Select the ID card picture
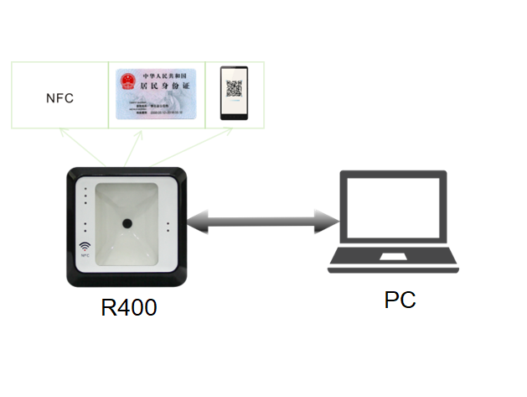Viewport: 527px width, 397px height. [x=156, y=95]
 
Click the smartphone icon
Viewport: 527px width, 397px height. [x=234, y=94]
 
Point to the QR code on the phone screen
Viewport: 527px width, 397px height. [x=234, y=89]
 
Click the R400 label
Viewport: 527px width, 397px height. [x=128, y=307]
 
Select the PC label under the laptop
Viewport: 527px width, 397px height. [x=400, y=300]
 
